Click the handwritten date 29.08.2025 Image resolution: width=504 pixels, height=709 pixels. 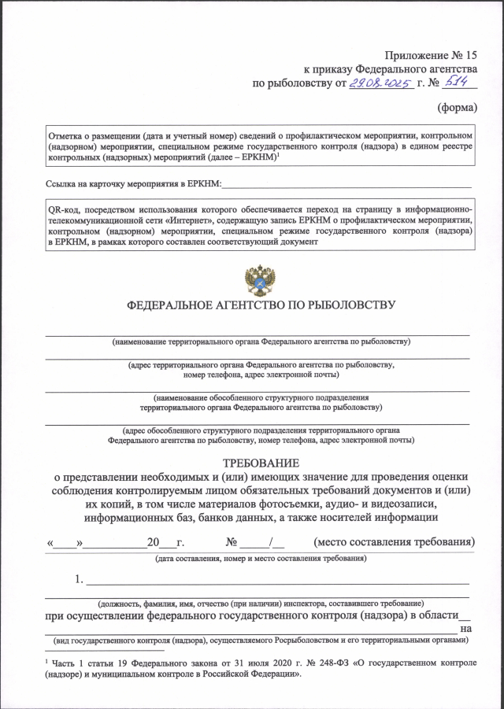(381, 83)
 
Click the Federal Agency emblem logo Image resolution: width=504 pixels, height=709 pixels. (260, 280)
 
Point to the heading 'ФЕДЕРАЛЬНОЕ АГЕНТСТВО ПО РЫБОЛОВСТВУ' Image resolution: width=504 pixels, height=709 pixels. (261, 305)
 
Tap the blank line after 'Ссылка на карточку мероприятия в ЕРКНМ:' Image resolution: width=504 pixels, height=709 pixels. (347, 185)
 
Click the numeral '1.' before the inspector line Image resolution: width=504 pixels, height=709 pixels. (80, 581)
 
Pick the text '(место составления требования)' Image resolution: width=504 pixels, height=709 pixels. (395, 542)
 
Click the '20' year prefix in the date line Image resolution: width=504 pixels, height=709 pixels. (153, 543)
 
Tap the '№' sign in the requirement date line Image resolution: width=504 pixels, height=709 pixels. (232, 543)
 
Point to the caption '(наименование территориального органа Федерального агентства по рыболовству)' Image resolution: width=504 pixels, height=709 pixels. (261, 342)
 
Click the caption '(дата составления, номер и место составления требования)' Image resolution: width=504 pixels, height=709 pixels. (261, 559)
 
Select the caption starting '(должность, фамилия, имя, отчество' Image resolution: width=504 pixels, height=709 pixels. (261, 602)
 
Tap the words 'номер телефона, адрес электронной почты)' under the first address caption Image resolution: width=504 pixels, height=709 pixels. (261, 375)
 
